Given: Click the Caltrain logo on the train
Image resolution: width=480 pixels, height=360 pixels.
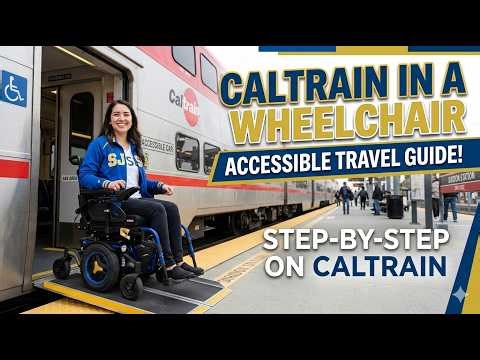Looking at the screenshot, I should coord(184,100).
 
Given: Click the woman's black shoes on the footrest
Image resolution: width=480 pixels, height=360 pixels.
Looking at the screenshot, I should coord(184,270).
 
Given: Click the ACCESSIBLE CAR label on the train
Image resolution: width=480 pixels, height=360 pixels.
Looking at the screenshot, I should coord(157,145).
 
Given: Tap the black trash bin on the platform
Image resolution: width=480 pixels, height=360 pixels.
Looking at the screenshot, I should coord(395,206).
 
